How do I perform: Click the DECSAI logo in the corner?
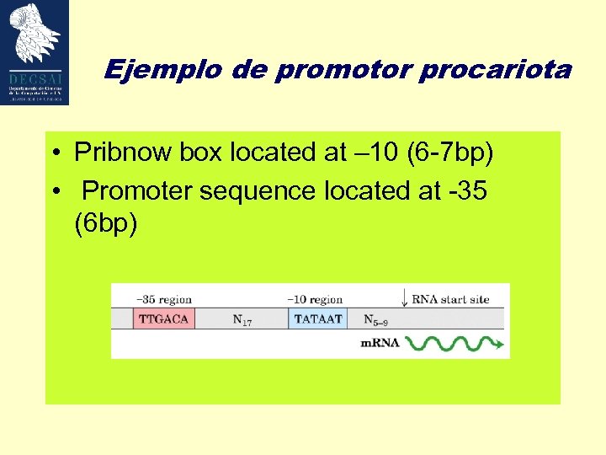click(35, 52)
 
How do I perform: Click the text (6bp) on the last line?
click(105, 225)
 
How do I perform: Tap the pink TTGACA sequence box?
click(164, 318)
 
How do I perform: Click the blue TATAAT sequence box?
click(317, 318)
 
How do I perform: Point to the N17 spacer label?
click(242, 320)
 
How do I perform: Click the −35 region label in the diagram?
click(164, 299)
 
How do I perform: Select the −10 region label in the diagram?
click(316, 299)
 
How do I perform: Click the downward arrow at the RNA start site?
click(405, 299)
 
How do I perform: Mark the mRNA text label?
click(380, 343)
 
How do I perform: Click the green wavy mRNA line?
click(455, 344)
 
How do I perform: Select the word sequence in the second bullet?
click(268, 191)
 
